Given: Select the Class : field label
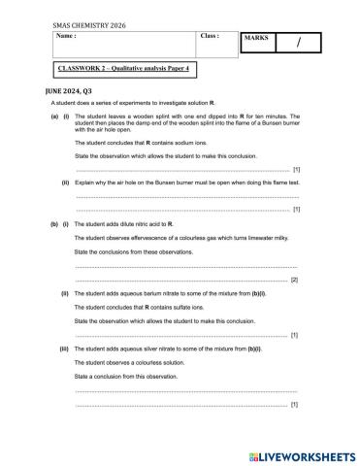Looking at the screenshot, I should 210,36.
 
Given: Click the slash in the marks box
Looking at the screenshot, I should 299,43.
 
